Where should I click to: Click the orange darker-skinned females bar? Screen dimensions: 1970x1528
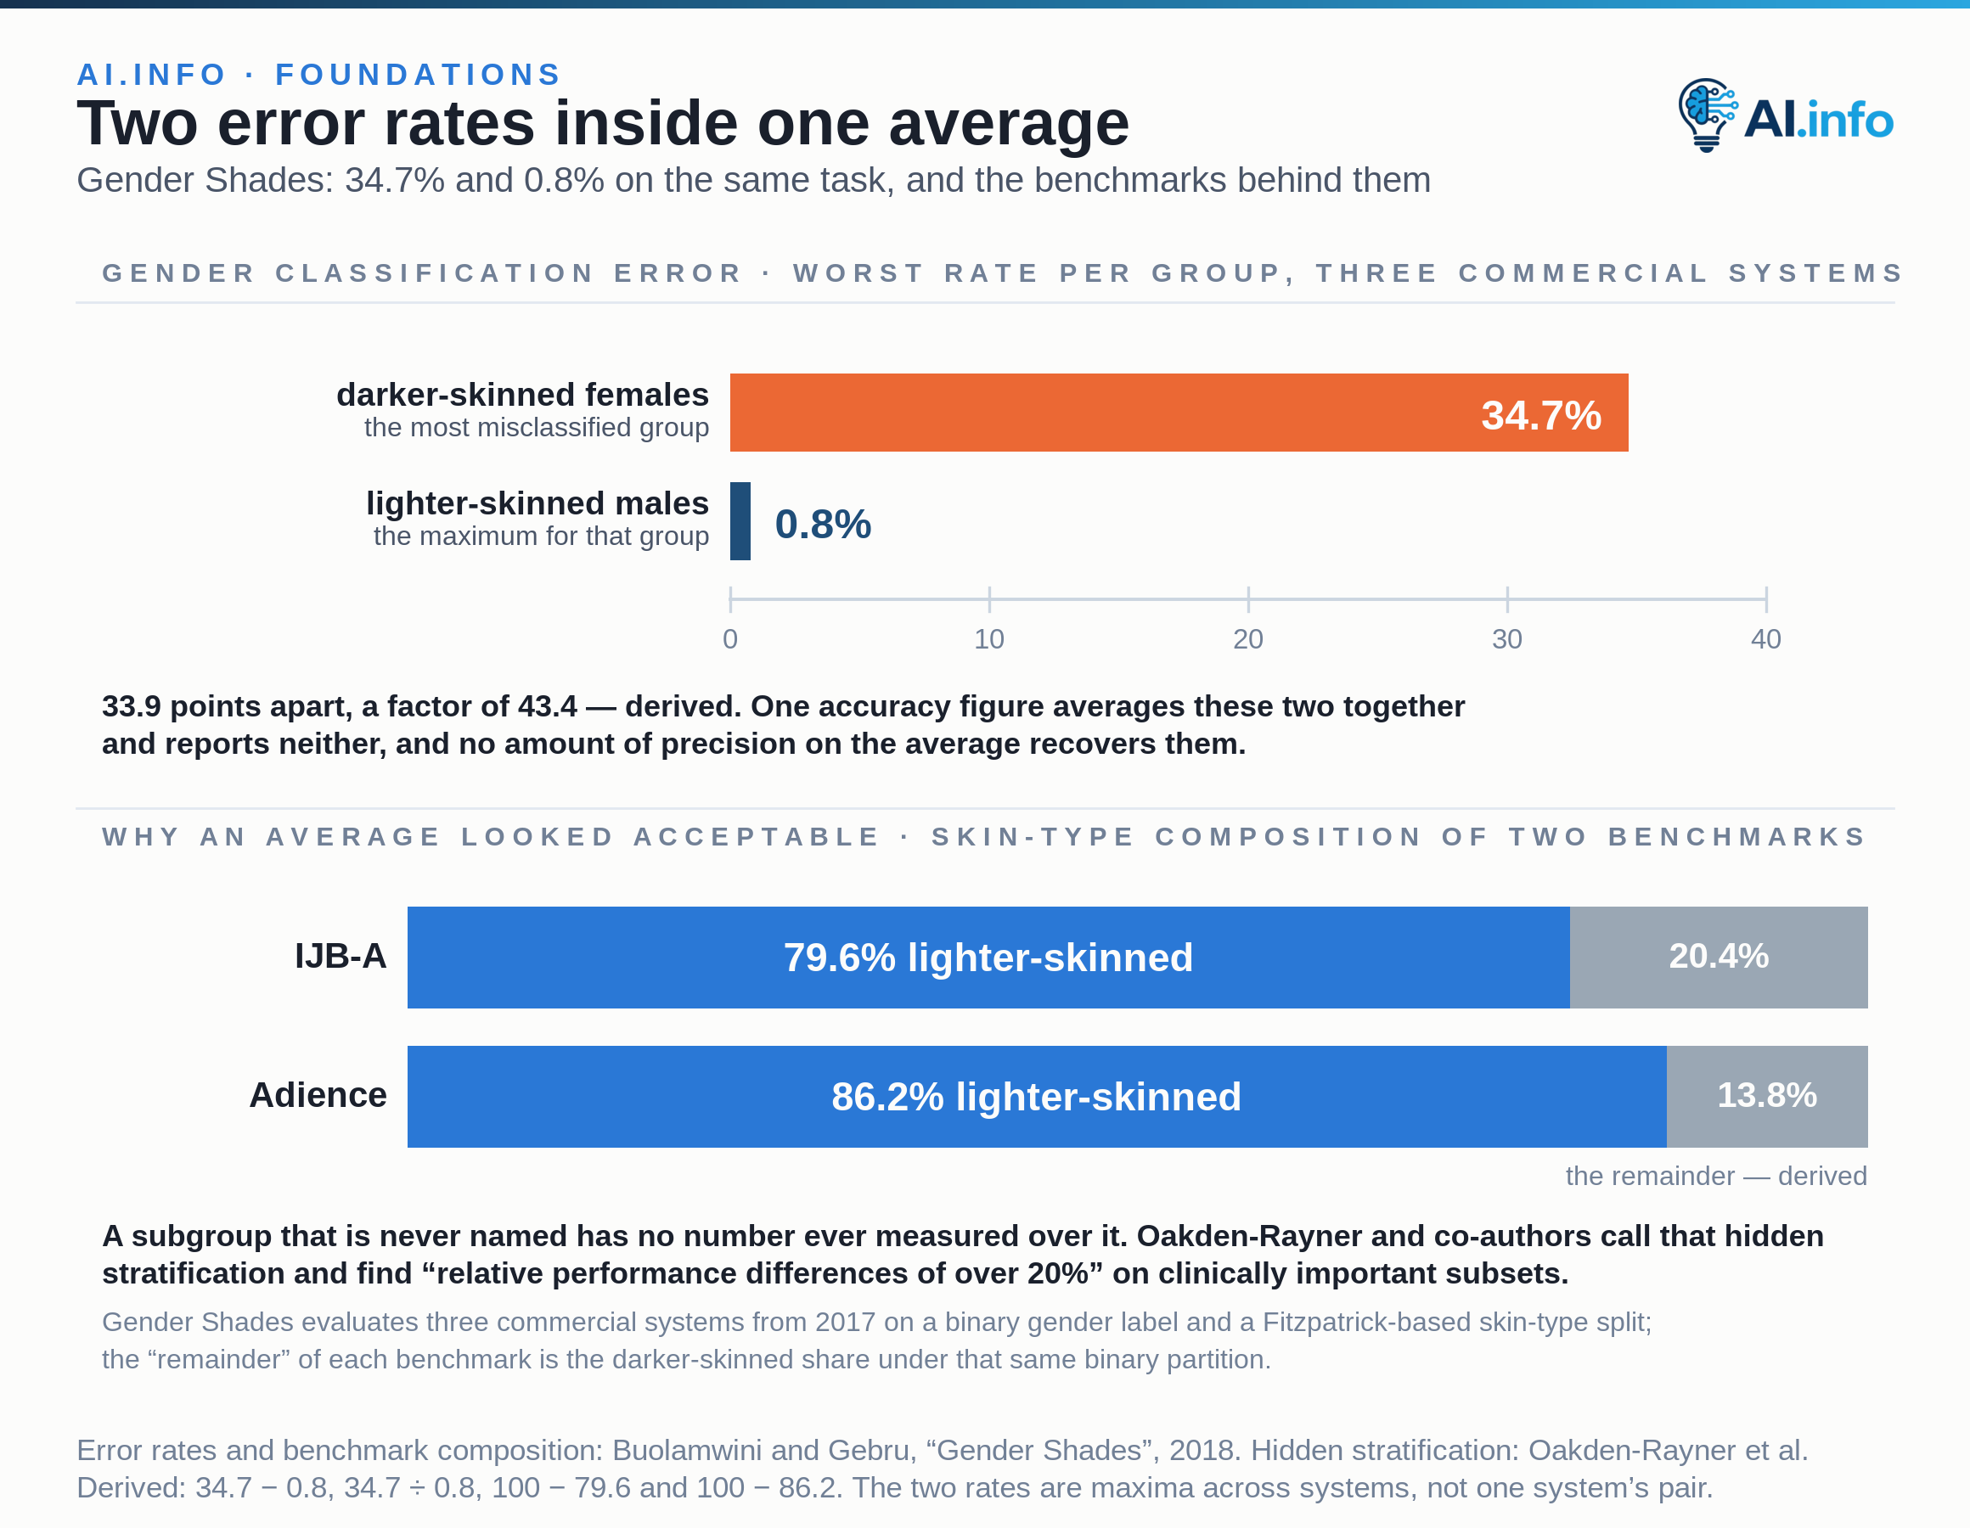click(1179, 413)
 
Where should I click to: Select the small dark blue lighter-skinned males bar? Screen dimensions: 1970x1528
click(740, 521)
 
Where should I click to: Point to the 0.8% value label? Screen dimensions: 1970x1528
click(823, 524)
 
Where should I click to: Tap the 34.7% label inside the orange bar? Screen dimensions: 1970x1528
click(1540, 415)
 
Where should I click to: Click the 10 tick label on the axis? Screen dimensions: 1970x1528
click(988, 638)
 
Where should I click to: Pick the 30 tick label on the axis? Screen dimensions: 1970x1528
click(1506, 638)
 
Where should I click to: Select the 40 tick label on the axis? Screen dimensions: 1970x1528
click(1765, 638)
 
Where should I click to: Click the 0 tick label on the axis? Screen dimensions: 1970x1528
click(730, 638)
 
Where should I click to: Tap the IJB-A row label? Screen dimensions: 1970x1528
click(340, 956)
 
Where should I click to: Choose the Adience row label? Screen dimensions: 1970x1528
click(318, 1095)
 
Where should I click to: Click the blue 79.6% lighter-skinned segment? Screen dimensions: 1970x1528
click(988, 957)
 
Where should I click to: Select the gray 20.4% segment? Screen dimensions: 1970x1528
click(1719, 957)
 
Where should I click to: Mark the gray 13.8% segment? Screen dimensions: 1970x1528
click(1767, 1097)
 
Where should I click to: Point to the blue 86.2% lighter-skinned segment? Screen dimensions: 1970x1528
click(1038, 1097)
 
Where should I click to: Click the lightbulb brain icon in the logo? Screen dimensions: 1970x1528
click(1708, 115)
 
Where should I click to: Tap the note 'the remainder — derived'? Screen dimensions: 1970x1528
click(1715, 1177)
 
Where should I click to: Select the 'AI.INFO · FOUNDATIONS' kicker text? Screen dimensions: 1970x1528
click(319, 74)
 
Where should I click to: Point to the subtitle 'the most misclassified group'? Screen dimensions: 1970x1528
click(536, 428)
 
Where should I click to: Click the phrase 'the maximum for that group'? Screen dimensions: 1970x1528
click(540, 536)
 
